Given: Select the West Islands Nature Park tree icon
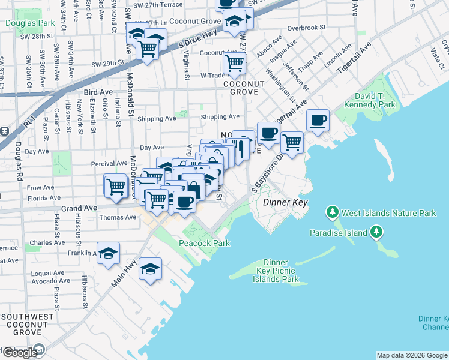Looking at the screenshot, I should point(333,212).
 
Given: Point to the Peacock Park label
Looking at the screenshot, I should point(205,243).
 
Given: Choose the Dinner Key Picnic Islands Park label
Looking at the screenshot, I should point(276,271).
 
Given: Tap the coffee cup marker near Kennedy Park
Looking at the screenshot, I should point(318,120).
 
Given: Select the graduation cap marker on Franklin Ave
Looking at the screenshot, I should point(108,253).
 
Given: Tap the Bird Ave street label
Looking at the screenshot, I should point(98,92).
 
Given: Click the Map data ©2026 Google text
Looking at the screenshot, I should point(411,355).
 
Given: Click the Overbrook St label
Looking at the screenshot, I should point(306,28).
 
